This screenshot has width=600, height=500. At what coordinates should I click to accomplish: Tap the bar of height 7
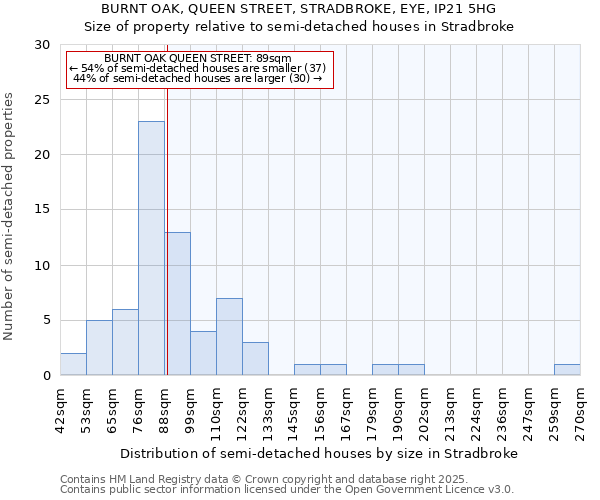[x=229, y=336]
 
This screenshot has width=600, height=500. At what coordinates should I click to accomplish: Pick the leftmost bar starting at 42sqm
[x=73, y=364]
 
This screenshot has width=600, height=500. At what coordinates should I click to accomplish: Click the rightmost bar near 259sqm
[x=567, y=370]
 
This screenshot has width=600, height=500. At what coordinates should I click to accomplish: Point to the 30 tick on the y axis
[x=41, y=45]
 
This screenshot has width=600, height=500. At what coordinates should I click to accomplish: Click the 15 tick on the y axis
[x=41, y=210]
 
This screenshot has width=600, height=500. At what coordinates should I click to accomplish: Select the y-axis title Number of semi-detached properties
[x=10, y=216]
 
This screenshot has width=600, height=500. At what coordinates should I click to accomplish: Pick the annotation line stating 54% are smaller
[x=198, y=68]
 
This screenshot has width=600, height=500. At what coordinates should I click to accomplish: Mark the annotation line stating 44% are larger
[x=198, y=78]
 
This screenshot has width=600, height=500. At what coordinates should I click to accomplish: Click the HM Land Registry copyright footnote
[x=236, y=479]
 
